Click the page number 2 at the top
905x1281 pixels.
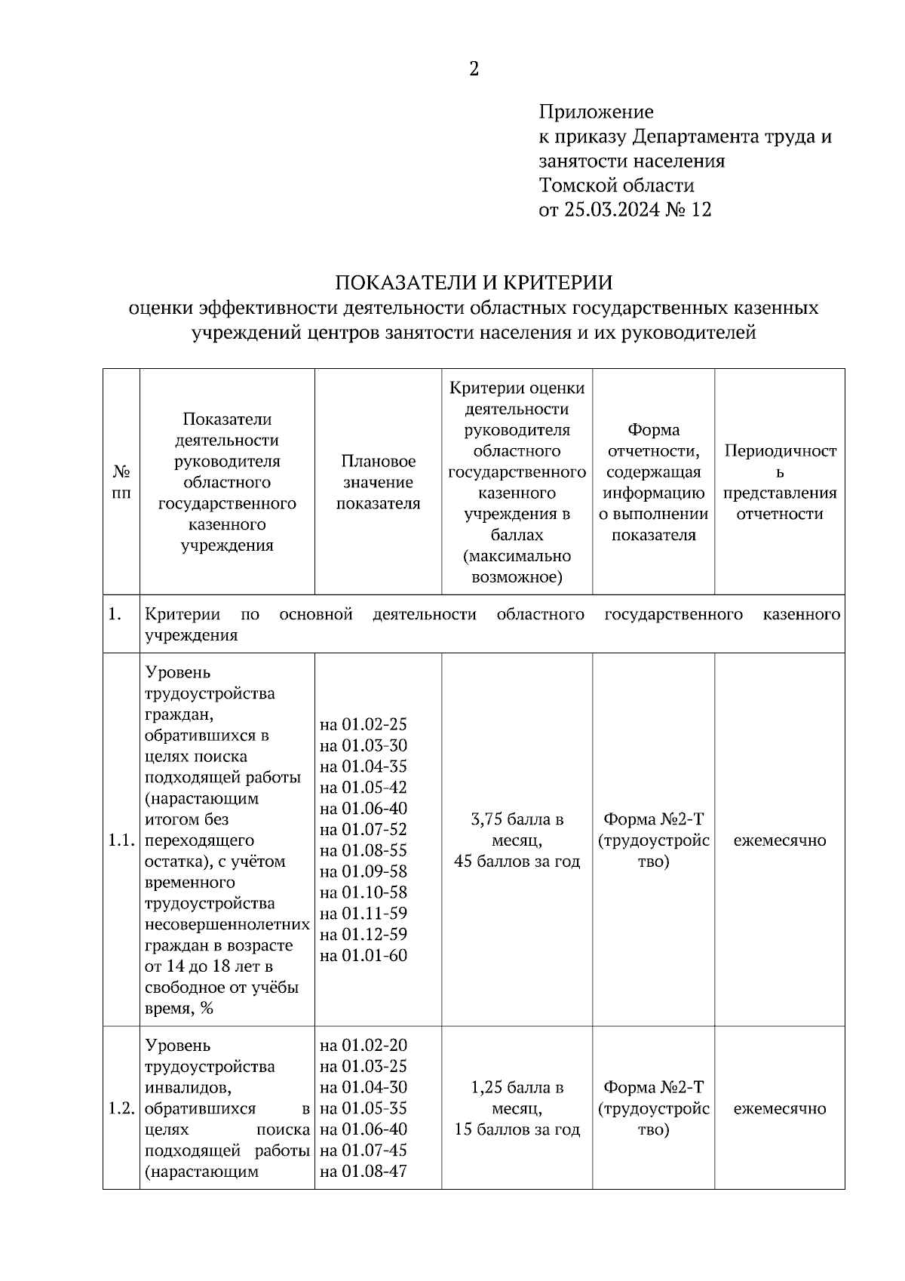(x=474, y=69)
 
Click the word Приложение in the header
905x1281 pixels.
(x=596, y=112)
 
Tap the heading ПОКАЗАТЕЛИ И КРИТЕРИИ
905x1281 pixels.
(x=474, y=283)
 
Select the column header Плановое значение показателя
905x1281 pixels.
(x=378, y=482)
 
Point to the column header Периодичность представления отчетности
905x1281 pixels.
(x=780, y=482)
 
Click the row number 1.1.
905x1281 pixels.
(x=121, y=840)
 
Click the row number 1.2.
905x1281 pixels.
(x=121, y=1109)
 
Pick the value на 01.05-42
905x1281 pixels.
(x=364, y=788)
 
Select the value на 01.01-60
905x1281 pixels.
(x=364, y=956)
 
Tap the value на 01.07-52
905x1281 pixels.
(x=364, y=830)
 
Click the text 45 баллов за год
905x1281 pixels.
(x=517, y=862)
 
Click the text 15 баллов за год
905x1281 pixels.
(x=517, y=1130)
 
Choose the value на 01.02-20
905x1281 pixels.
(x=364, y=1046)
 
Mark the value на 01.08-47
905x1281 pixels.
(x=364, y=1172)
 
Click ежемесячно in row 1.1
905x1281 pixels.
(x=780, y=840)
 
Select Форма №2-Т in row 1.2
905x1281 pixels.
(x=654, y=1088)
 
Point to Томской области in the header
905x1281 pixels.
(x=616, y=186)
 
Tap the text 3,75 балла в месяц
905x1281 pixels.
(x=517, y=829)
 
